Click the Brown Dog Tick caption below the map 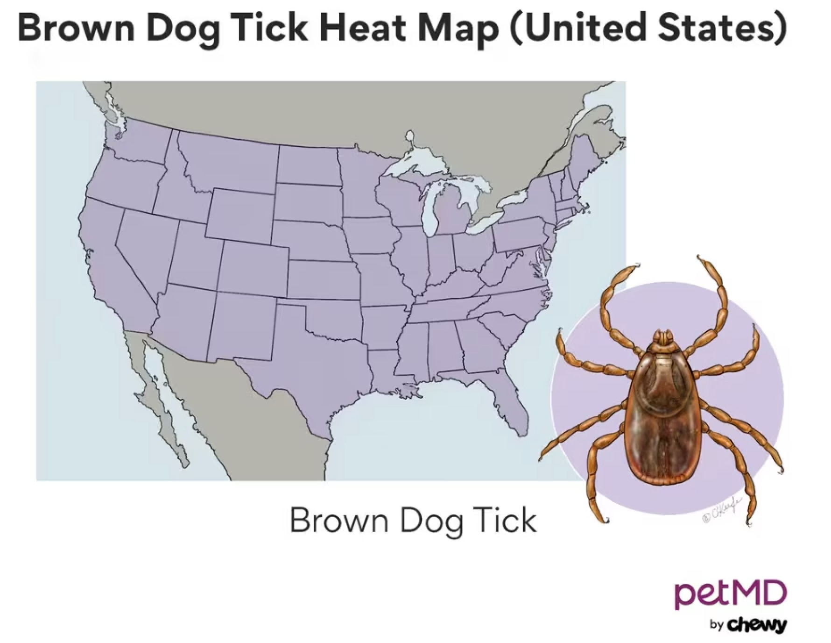[413, 520]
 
